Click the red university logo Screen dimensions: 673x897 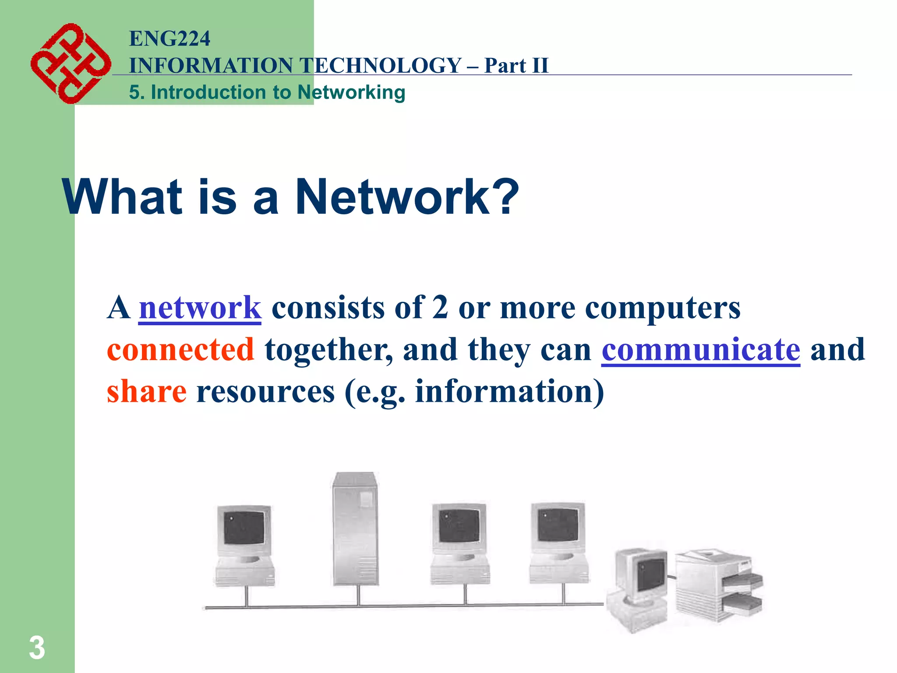(x=70, y=64)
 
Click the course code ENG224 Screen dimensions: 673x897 (x=170, y=39)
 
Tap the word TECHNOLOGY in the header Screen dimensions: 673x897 (x=381, y=66)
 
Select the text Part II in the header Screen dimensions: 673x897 (x=516, y=66)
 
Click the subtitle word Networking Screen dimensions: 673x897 (x=351, y=92)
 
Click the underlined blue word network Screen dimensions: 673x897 (x=200, y=308)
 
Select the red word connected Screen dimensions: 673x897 (x=180, y=350)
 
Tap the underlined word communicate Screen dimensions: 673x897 (x=701, y=350)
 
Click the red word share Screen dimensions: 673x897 (x=147, y=391)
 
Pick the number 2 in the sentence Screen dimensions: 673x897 (x=440, y=308)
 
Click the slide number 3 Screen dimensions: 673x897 (x=37, y=648)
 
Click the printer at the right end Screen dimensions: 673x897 (x=718, y=585)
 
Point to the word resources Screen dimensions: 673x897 (x=265, y=391)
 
